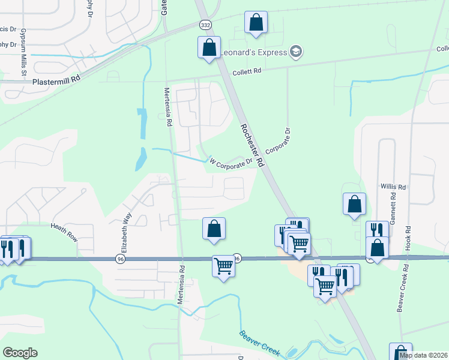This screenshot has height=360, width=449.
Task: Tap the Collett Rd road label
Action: pos(249,71)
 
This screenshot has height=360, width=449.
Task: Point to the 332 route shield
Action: pos(205,25)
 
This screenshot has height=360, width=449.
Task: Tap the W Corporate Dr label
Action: pos(231,162)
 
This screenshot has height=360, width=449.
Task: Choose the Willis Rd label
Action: pos(393,187)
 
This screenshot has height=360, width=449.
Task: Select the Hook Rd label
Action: pos(407,238)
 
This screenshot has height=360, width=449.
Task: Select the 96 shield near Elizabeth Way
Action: pos(121,259)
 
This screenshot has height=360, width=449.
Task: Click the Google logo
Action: pos(20,353)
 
